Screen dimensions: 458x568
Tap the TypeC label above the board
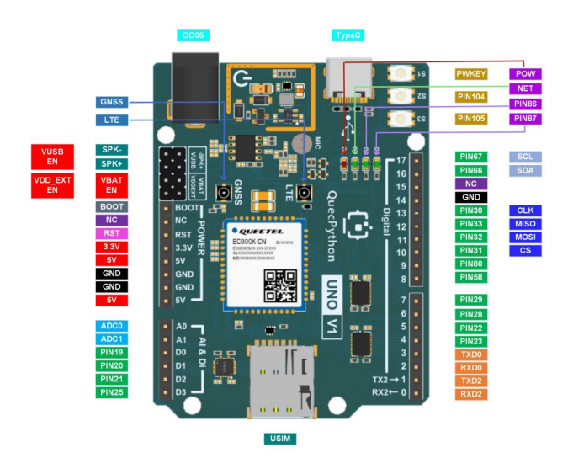tap(349, 35)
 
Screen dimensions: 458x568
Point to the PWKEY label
tap(470, 74)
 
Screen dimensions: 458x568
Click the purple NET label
tap(524, 88)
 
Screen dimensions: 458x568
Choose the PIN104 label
tap(470, 97)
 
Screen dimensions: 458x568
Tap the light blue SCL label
tap(525, 157)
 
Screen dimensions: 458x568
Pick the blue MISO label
tap(525, 224)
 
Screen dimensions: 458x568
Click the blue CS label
tap(525, 251)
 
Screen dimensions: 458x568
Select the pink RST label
tap(112, 233)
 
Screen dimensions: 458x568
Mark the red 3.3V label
tap(112, 247)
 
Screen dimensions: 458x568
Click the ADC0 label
tap(112, 325)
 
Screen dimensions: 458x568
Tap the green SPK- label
tap(112, 150)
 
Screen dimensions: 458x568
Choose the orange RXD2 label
tap(470, 394)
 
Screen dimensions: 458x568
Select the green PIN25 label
tap(112, 392)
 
